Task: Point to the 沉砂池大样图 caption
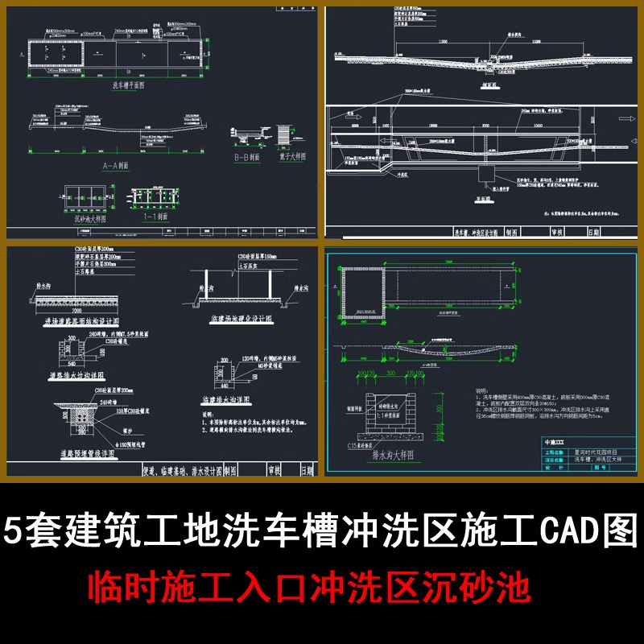[83, 218]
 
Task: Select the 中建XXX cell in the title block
[555, 442]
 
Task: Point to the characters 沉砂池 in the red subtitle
[493, 586]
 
